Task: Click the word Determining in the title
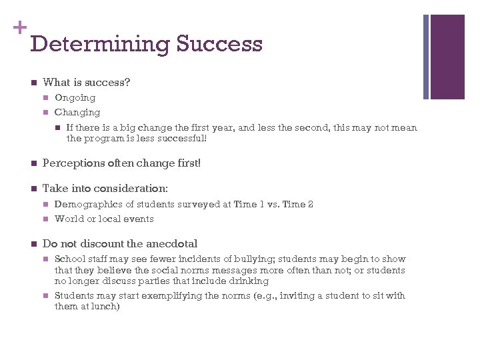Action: coord(100,45)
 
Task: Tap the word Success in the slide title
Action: coord(219,45)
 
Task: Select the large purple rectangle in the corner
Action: coord(447,57)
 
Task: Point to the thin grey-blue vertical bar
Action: coord(426,57)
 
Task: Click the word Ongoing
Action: coord(75,98)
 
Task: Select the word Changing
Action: coord(77,113)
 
